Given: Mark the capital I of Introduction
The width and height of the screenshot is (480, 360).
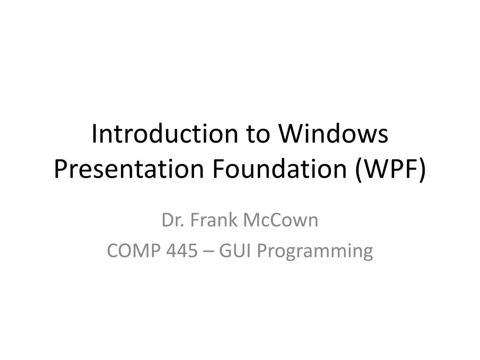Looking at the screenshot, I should pos(94,134).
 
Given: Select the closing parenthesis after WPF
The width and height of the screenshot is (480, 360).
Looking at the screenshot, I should pos(423,169).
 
